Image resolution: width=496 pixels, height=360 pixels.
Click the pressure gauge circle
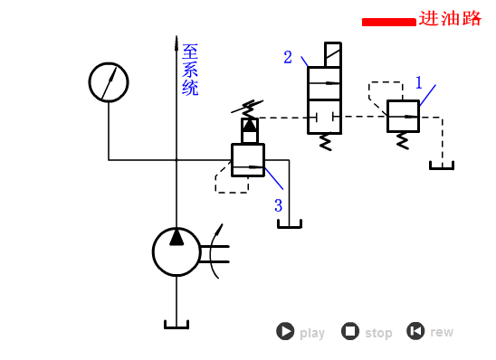[109, 81]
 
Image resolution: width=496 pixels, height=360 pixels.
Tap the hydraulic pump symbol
[176, 251]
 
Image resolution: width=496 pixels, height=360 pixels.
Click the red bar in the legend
[388, 22]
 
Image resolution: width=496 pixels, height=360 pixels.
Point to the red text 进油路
[450, 19]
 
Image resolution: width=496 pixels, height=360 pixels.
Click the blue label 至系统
[190, 70]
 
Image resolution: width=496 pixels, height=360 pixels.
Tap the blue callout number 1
[419, 82]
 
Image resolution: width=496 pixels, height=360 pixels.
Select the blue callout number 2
[288, 58]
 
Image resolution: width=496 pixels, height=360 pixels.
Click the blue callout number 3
[279, 205]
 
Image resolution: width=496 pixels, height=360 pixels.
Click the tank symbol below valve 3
[290, 223]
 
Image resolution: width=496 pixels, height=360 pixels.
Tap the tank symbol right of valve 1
[442, 165]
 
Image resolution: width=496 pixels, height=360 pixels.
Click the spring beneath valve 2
[324, 141]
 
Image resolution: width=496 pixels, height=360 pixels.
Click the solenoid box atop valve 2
[333, 53]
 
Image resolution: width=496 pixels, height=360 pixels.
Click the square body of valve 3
[248, 160]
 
